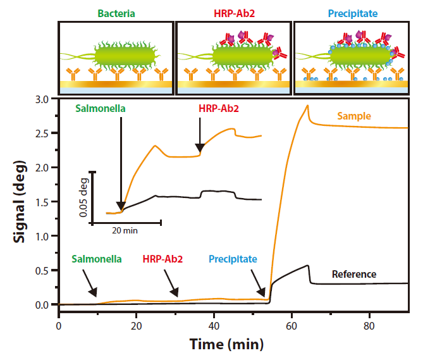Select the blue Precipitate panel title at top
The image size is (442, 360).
351,12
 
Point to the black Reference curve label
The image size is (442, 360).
354,274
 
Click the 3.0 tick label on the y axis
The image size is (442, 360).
41,99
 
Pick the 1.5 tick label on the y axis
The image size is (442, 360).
41,202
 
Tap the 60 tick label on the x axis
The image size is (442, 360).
292,327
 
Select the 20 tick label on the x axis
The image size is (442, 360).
136,327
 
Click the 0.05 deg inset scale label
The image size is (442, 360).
83,197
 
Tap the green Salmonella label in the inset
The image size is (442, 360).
100,108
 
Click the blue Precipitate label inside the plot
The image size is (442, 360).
233,259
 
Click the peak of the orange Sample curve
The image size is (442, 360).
307,106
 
